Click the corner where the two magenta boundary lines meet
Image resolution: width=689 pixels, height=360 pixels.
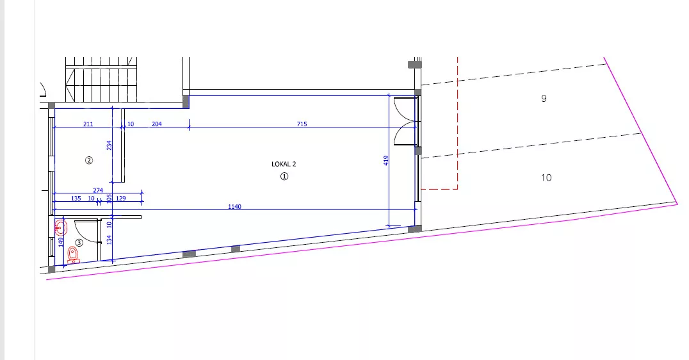point(677,204)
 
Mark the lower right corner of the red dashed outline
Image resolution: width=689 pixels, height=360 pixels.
point(457,189)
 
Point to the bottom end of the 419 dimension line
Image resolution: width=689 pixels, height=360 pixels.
point(389,227)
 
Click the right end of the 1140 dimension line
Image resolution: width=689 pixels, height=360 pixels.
point(416,209)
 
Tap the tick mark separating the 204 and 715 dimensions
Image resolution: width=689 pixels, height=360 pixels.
point(189,127)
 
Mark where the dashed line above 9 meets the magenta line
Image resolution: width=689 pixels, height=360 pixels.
point(606,63)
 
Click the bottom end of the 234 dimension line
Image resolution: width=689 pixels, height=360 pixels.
point(113,182)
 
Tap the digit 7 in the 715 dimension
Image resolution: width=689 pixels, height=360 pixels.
point(299,124)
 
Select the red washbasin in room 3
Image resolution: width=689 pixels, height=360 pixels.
point(61,228)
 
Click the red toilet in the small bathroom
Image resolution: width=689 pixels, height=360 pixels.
point(72,255)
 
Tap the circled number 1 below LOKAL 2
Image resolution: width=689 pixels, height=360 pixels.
point(284,176)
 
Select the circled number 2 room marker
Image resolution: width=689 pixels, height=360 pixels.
point(89,160)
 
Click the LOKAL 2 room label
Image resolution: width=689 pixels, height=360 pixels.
point(284,164)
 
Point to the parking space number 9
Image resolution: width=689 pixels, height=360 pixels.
point(544,99)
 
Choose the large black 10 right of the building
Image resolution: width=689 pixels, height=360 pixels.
point(546,177)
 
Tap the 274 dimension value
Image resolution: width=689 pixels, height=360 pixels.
point(98,190)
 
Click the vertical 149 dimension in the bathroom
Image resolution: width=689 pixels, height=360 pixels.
point(61,241)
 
